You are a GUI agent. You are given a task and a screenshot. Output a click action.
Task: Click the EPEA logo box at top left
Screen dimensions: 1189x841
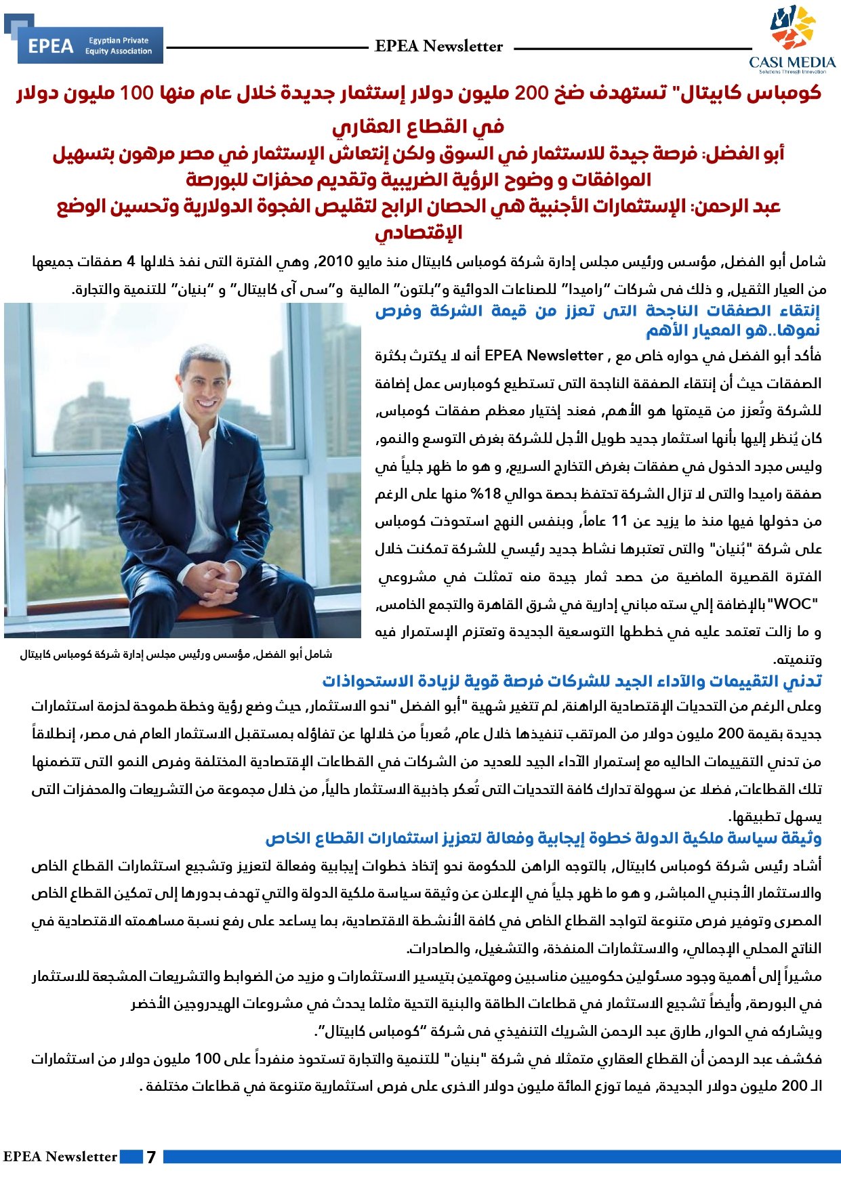90,45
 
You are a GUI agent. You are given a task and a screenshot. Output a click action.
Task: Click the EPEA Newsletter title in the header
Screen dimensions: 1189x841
438,46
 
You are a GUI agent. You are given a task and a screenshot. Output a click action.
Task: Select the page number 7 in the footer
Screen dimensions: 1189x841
151,1156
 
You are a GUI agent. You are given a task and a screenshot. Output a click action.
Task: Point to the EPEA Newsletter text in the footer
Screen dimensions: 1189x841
60,1156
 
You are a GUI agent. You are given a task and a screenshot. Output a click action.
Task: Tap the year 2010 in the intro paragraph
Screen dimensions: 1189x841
334,262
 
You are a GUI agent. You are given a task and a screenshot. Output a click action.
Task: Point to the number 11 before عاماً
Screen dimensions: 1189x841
619,521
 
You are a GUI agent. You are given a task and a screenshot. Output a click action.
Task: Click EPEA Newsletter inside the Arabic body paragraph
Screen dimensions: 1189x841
543,356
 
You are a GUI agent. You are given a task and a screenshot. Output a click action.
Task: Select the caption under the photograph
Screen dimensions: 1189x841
176,654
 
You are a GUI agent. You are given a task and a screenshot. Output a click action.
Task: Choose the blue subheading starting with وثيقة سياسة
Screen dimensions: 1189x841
543,839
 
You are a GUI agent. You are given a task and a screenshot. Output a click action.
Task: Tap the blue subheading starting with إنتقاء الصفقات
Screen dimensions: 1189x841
596,320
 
